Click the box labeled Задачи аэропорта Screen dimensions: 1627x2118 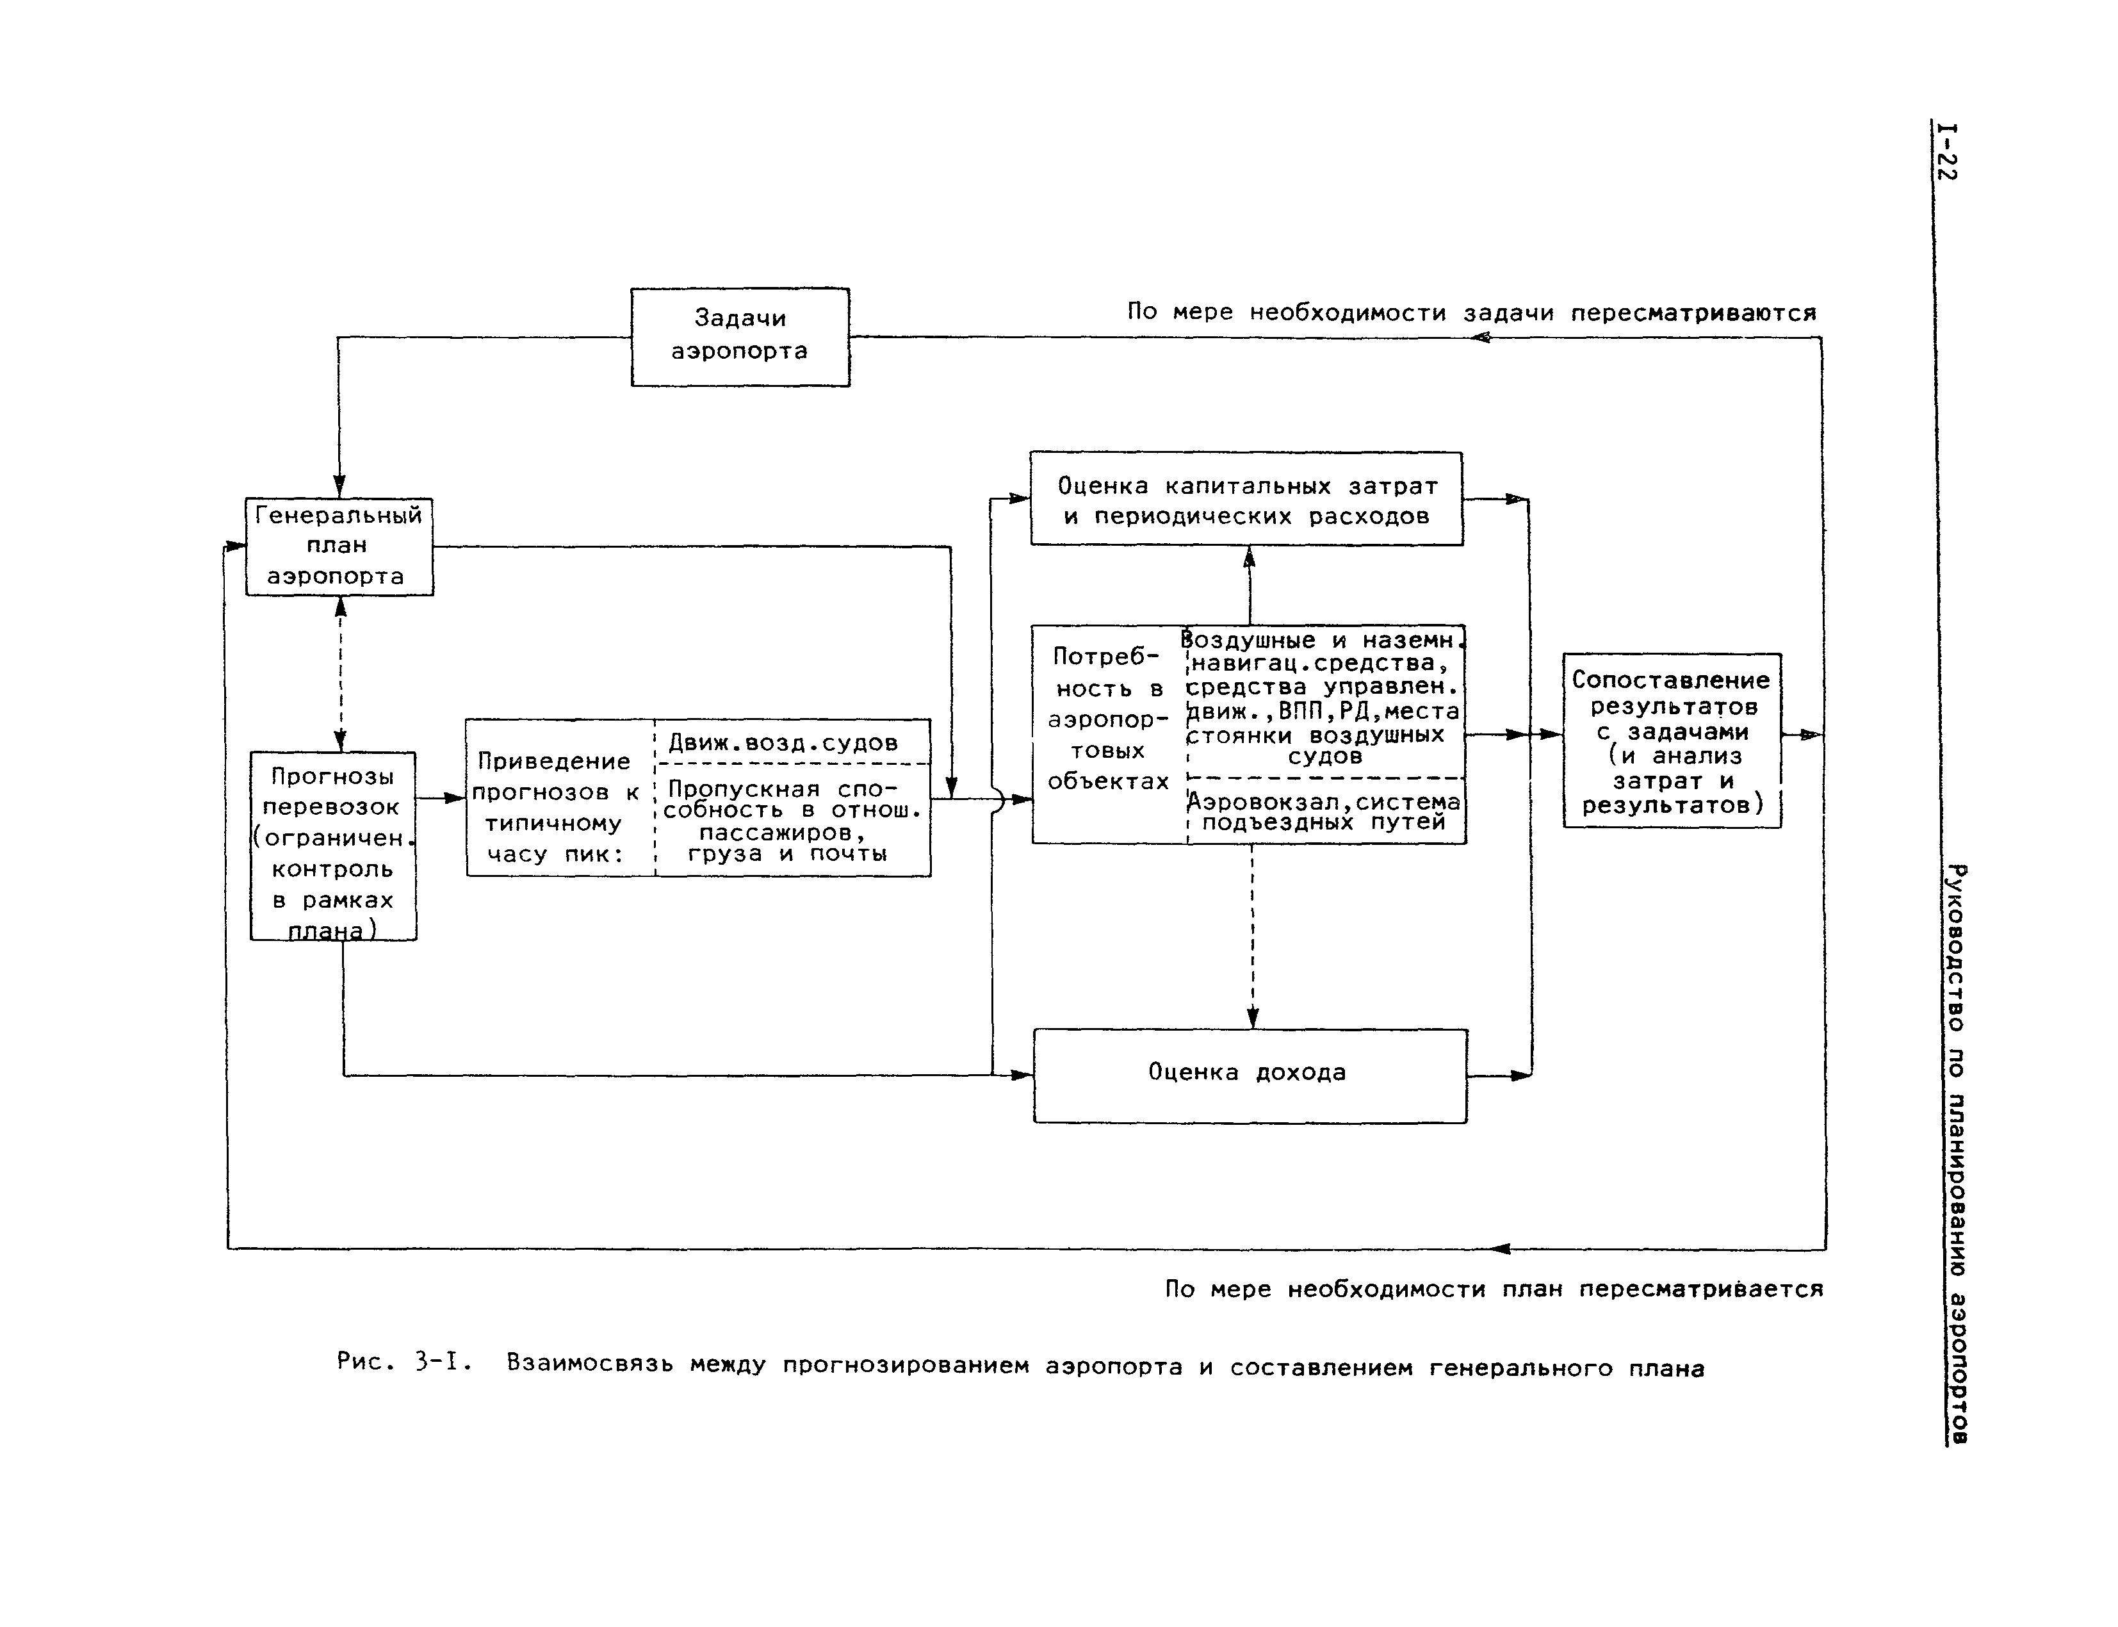740,336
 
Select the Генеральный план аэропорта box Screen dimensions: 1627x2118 339,546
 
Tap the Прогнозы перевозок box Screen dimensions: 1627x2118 333,846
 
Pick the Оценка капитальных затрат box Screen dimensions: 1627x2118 1246,499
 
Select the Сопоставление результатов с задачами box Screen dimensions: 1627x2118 1672,741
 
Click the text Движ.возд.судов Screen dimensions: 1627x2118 783,743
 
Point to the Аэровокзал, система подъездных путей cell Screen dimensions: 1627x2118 1324,812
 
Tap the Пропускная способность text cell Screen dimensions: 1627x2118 792,821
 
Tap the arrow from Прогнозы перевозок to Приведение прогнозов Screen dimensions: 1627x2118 441,798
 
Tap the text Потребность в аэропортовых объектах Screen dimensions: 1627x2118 1108,719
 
